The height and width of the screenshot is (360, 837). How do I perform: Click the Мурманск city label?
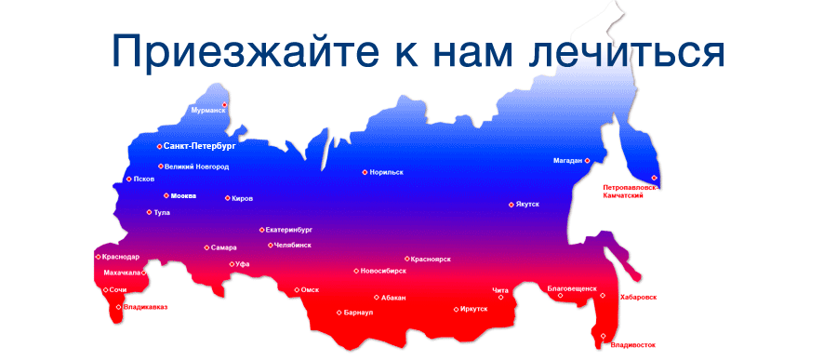pyautogui.click(x=208, y=110)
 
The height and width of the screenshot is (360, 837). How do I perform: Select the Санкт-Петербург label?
pyautogui.click(x=200, y=146)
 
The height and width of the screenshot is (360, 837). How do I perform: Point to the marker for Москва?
pyautogui.click(x=166, y=195)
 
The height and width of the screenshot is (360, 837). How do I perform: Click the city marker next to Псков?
pyautogui.click(x=128, y=179)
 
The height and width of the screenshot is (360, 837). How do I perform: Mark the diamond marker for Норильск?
pyautogui.click(x=365, y=172)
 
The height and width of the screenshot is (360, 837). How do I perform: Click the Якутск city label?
pyautogui.click(x=527, y=205)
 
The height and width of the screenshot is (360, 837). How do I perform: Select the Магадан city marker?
pyautogui.click(x=587, y=161)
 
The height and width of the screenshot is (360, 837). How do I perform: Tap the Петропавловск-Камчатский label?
pyautogui.click(x=629, y=192)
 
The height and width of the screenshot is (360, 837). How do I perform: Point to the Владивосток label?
pyautogui.click(x=633, y=345)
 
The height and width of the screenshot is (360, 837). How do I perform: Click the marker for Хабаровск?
pyautogui.click(x=603, y=296)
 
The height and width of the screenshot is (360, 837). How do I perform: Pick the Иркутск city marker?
pyautogui.click(x=456, y=310)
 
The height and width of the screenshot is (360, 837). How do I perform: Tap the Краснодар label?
pyautogui.click(x=122, y=257)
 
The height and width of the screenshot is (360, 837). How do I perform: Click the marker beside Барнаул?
pyautogui.click(x=339, y=313)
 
